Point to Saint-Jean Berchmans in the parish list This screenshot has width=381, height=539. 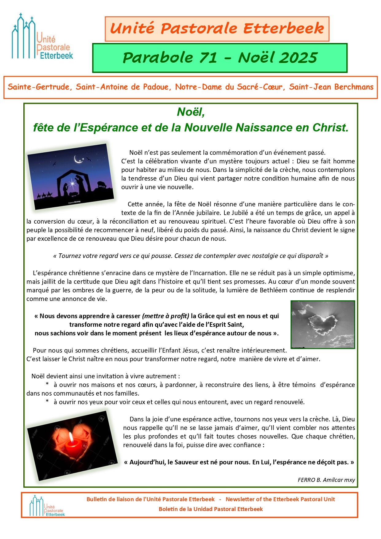(x=331, y=87)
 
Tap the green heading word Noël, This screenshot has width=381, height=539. (x=191, y=112)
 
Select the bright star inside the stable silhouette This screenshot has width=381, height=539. (x=72, y=184)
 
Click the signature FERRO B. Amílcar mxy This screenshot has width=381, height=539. (x=326, y=480)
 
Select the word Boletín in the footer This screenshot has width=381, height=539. (x=169, y=509)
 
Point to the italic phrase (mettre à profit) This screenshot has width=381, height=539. (x=165, y=316)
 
